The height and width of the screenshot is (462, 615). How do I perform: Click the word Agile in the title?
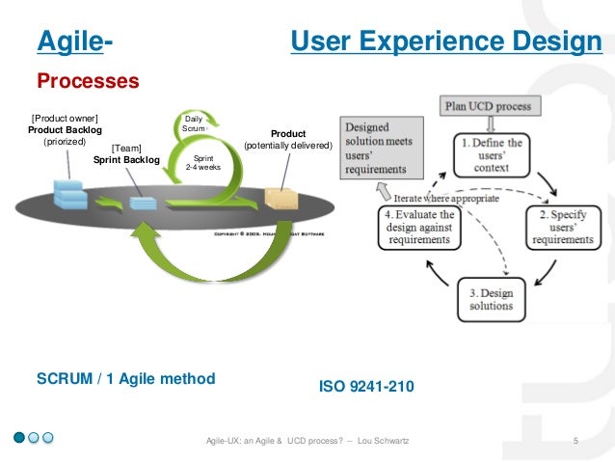(67, 42)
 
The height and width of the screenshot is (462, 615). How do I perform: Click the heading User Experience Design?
(446, 42)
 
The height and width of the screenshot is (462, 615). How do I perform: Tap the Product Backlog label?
(65, 130)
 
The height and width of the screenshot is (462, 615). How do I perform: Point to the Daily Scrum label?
(193, 122)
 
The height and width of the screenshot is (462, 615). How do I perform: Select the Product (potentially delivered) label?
(287, 140)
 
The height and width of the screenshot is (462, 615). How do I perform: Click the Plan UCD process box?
(492, 105)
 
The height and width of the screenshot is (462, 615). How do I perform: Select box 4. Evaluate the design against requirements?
(419, 224)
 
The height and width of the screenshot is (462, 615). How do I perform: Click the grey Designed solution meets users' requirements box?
(380, 145)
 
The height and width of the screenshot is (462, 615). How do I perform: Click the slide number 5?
(575, 441)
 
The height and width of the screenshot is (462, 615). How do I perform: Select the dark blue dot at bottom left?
(19, 438)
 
